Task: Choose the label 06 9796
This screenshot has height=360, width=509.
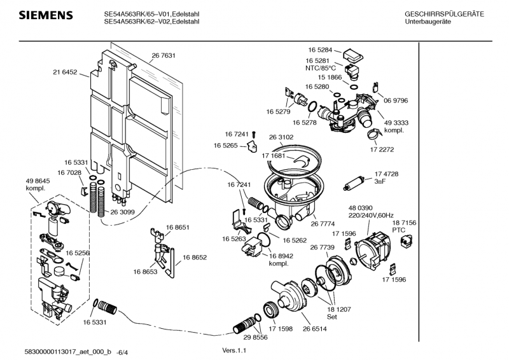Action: [395, 100]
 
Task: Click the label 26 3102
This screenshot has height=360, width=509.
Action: [281, 137]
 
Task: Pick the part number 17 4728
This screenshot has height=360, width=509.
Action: [386, 174]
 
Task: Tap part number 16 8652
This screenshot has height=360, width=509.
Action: [195, 258]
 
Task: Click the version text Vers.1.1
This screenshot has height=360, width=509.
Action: [234, 350]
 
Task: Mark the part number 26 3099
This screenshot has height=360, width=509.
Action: [122, 212]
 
